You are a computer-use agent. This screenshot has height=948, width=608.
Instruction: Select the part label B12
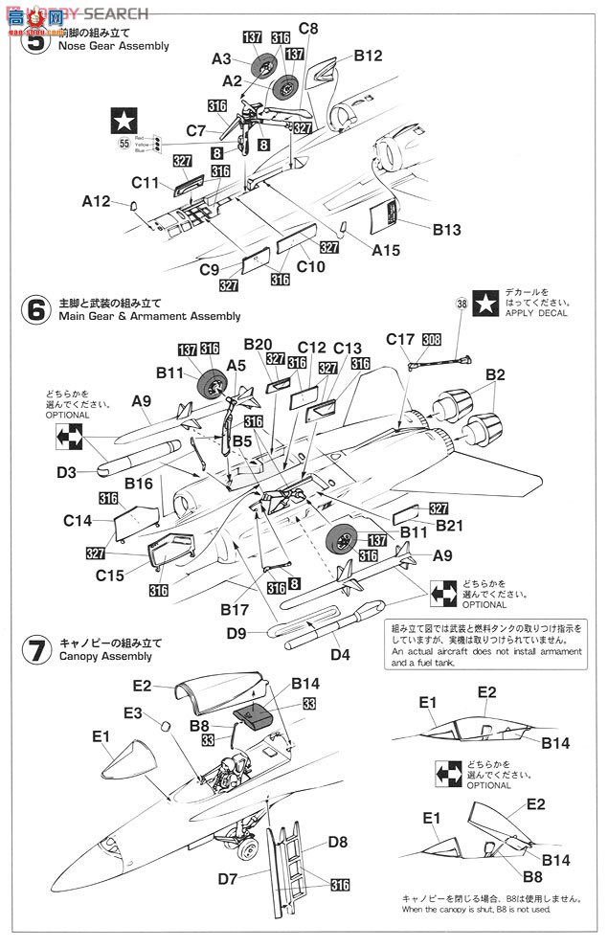368,56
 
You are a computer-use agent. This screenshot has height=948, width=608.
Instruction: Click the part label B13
447,230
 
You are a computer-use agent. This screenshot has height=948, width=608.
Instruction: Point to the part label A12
97,202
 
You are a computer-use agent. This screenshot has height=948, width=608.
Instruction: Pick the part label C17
400,339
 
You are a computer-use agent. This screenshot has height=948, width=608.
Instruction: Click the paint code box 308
432,339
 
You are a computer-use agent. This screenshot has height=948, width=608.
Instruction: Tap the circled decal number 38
462,304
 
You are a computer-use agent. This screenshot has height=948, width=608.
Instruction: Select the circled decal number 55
124,144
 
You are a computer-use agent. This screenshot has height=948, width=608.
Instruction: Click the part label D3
66,472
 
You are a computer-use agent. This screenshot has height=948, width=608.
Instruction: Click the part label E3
132,713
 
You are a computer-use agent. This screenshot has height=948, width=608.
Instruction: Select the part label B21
450,526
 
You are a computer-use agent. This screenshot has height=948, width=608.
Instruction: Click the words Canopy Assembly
105,657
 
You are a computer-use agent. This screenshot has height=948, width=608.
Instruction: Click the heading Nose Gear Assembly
113,46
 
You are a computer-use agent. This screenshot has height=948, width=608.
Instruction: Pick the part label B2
495,374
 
